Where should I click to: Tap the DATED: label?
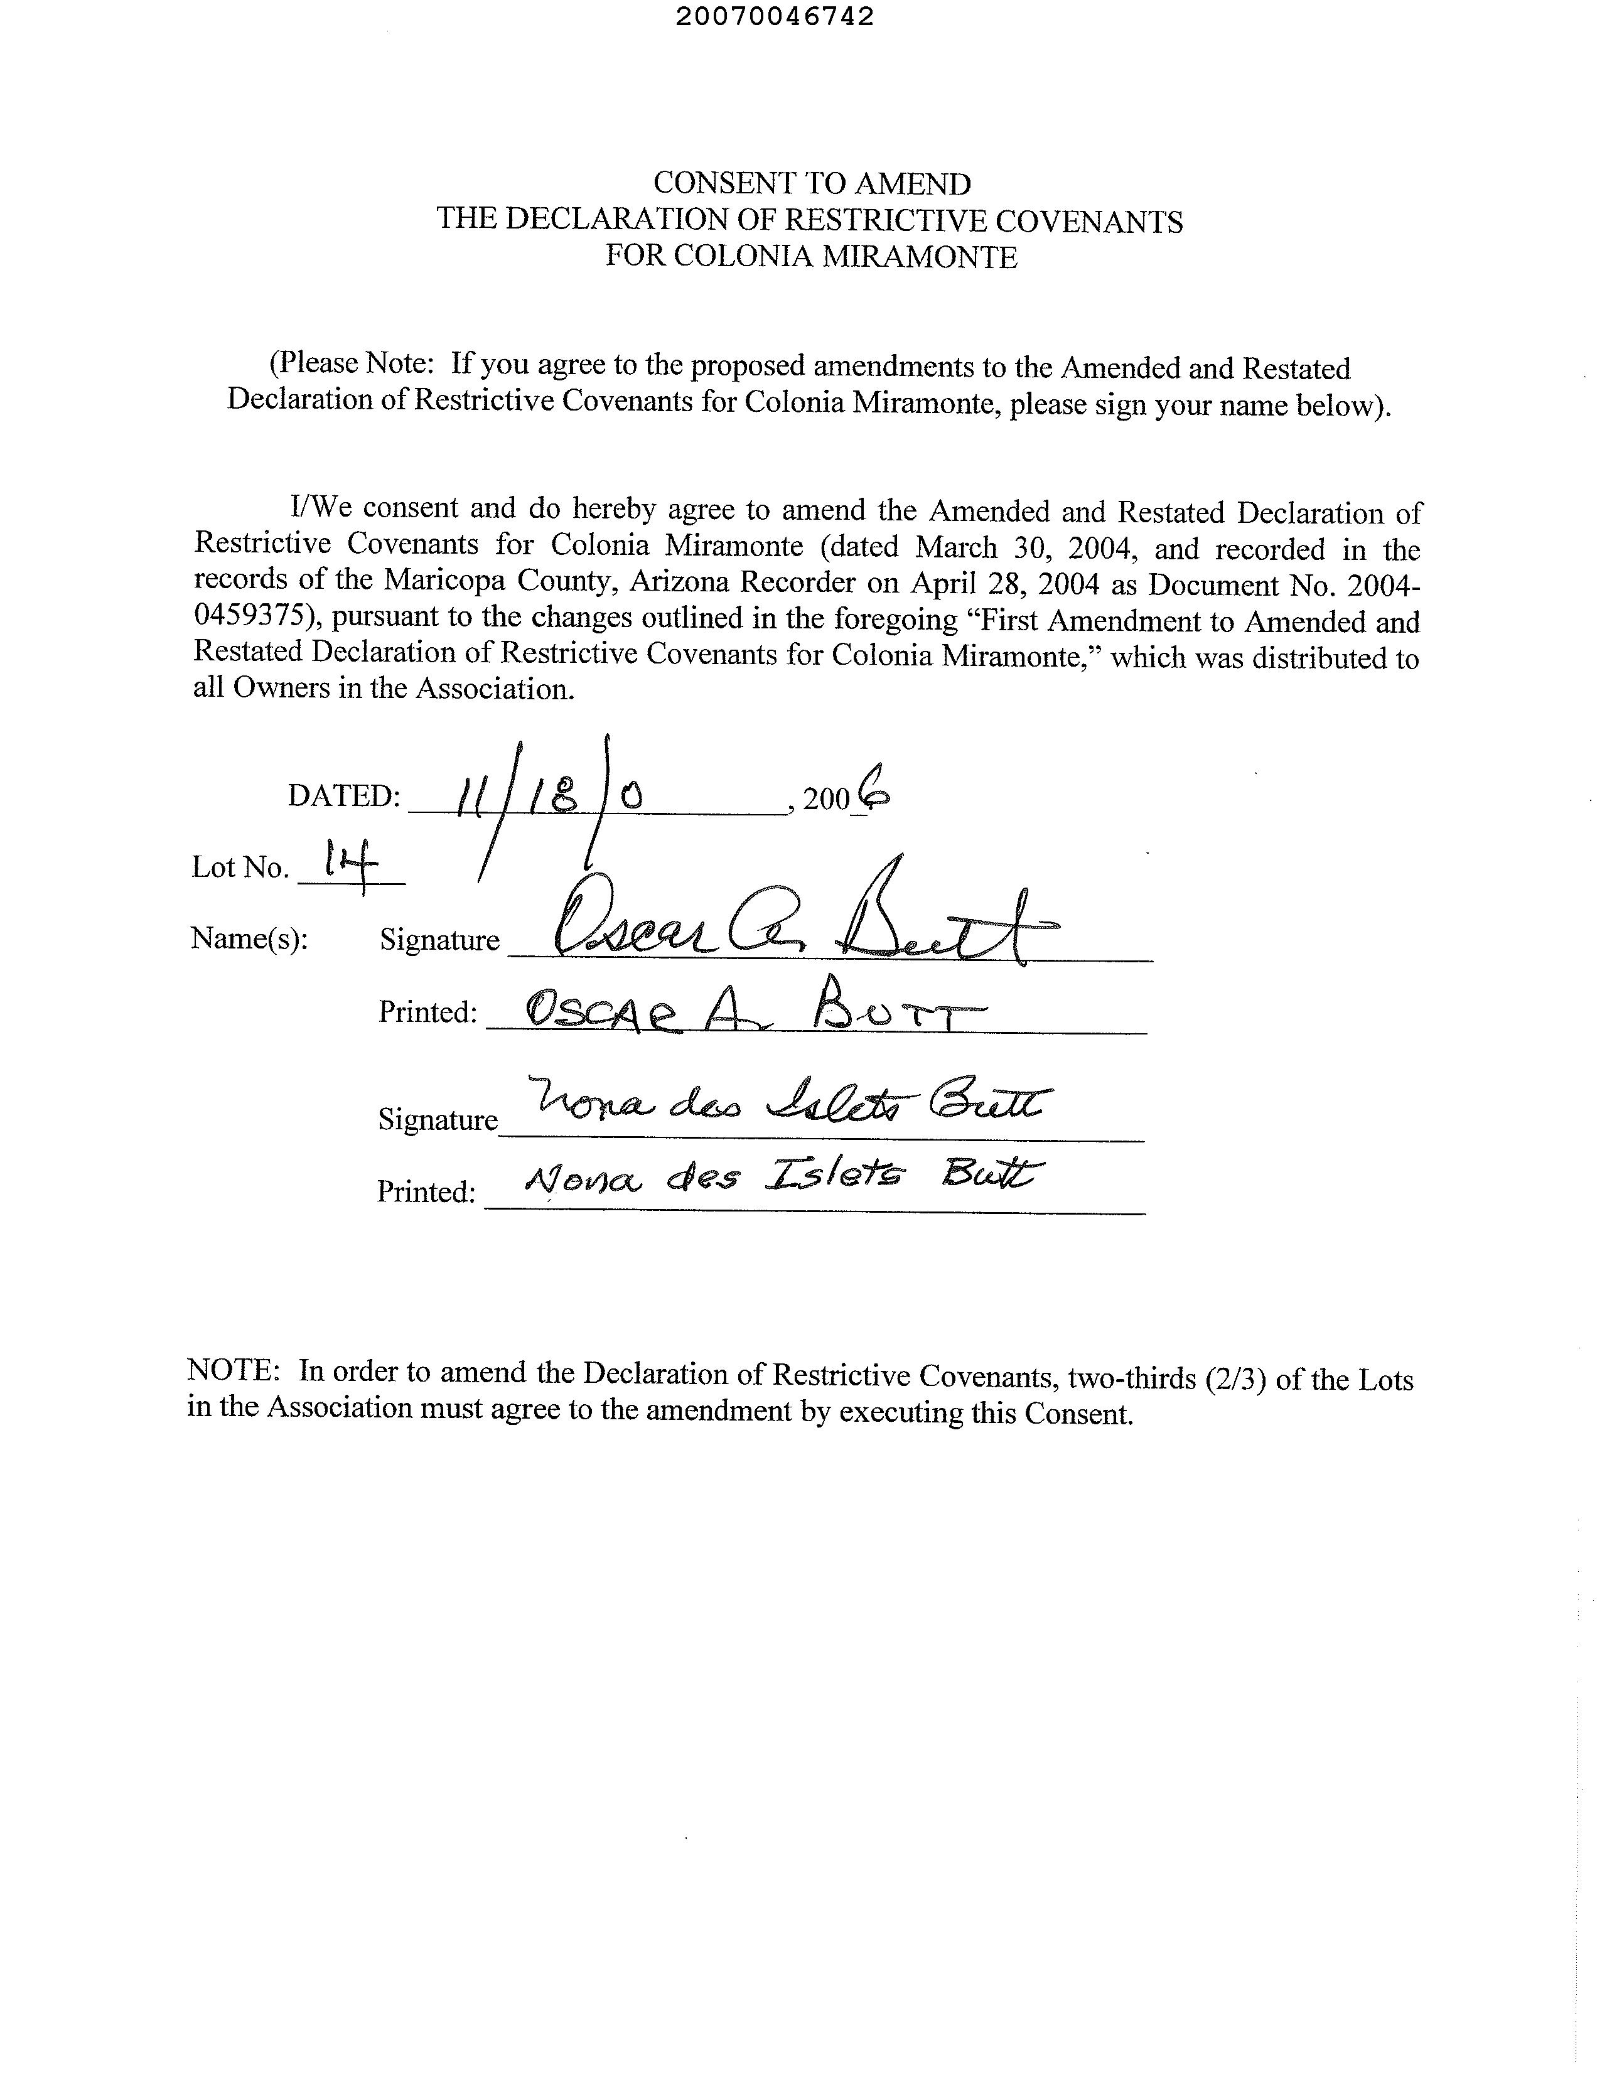point(343,796)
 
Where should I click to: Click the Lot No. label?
point(240,868)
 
